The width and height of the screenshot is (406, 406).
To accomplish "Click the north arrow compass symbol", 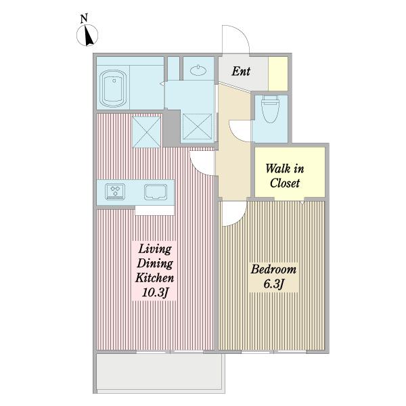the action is coord(87,35).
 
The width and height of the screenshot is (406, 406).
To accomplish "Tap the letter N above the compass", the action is coord(84,18).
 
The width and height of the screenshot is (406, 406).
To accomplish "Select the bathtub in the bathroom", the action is coord(113,89).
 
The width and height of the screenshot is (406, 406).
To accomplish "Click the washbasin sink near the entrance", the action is coord(198,70).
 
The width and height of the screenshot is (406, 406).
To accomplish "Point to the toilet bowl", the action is coord(270,109).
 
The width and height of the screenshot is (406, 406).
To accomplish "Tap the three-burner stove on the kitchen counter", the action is coord(115,191).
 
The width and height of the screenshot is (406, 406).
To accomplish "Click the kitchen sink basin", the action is coord(156,192).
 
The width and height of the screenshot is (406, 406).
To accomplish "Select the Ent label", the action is coord(241,71).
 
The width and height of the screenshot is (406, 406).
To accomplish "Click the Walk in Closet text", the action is coord(285,176).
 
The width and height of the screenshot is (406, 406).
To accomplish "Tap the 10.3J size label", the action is coord(155,293).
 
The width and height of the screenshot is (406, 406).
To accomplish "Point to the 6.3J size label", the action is coord(273,284).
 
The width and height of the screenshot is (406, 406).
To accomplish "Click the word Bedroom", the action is coord(273,269).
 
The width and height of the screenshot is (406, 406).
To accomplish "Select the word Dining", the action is coord(155,264).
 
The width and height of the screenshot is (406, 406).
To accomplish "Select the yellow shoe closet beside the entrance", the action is coord(278,74).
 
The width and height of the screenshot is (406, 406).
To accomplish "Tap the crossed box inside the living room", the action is coord(147,132).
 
